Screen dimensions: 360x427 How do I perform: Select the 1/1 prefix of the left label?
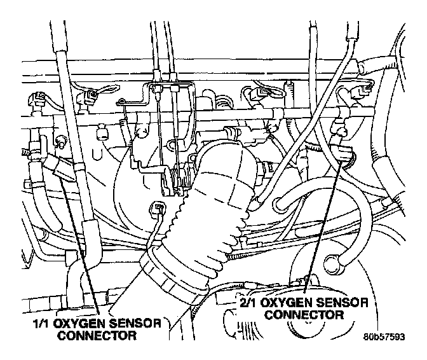click(42, 324)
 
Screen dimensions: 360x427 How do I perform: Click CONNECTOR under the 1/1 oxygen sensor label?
click(97, 335)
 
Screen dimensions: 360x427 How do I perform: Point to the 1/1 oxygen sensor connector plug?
click(64, 168)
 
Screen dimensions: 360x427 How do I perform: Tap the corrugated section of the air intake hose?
click(210, 210)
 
